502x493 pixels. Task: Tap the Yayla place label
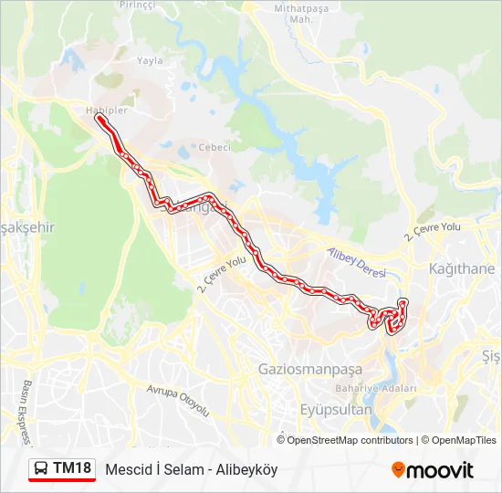point(149,61)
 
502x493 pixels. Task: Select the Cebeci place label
point(214,147)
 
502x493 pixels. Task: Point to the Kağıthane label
point(462,269)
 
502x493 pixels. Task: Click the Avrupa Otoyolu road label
point(178,399)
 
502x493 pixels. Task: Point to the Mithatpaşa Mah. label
point(301,14)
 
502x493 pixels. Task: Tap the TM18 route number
point(72,469)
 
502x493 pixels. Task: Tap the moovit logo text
point(440,470)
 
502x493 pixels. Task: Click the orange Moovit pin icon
point(398,470)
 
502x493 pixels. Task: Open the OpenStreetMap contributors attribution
point(350,440)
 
